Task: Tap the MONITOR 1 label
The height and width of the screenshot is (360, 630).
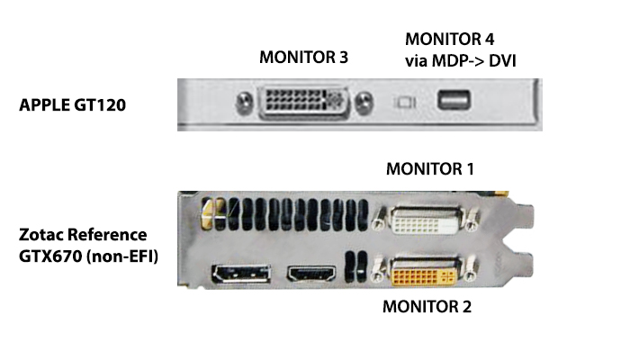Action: (429, 169)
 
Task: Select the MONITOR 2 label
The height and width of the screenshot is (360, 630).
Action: (427, 306)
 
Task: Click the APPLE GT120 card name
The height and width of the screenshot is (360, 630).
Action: (72, 104)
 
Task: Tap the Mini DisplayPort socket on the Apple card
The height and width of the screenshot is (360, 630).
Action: (451, 101)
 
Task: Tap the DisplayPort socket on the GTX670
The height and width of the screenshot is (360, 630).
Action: (241, 274)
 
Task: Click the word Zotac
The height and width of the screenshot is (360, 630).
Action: (44, 236)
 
